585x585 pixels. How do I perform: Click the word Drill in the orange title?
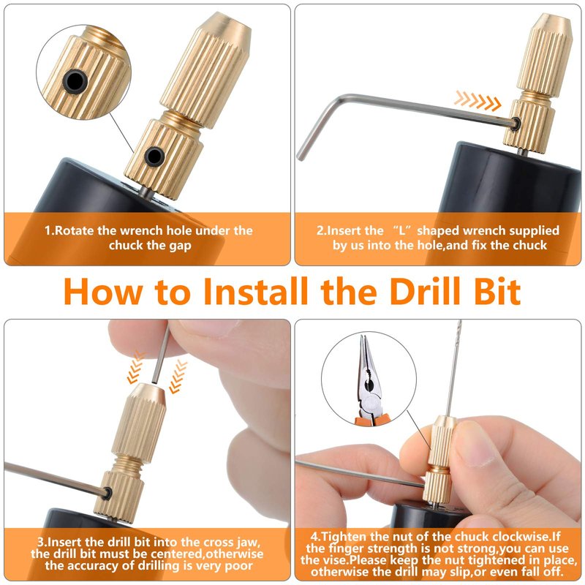pos(426,291)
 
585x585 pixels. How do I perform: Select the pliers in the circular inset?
pos(369,380)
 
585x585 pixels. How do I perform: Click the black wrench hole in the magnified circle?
pos(75,80)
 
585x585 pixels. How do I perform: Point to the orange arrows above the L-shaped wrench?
pos(478,101)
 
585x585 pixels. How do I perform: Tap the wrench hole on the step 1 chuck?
pos(154,156)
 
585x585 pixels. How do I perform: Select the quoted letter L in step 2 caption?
pos(401,230)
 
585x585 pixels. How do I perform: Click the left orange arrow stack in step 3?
pos(136,368)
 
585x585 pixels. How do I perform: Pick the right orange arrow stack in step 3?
pos(178,377)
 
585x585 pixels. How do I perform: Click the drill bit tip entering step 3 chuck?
pos(154,382)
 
